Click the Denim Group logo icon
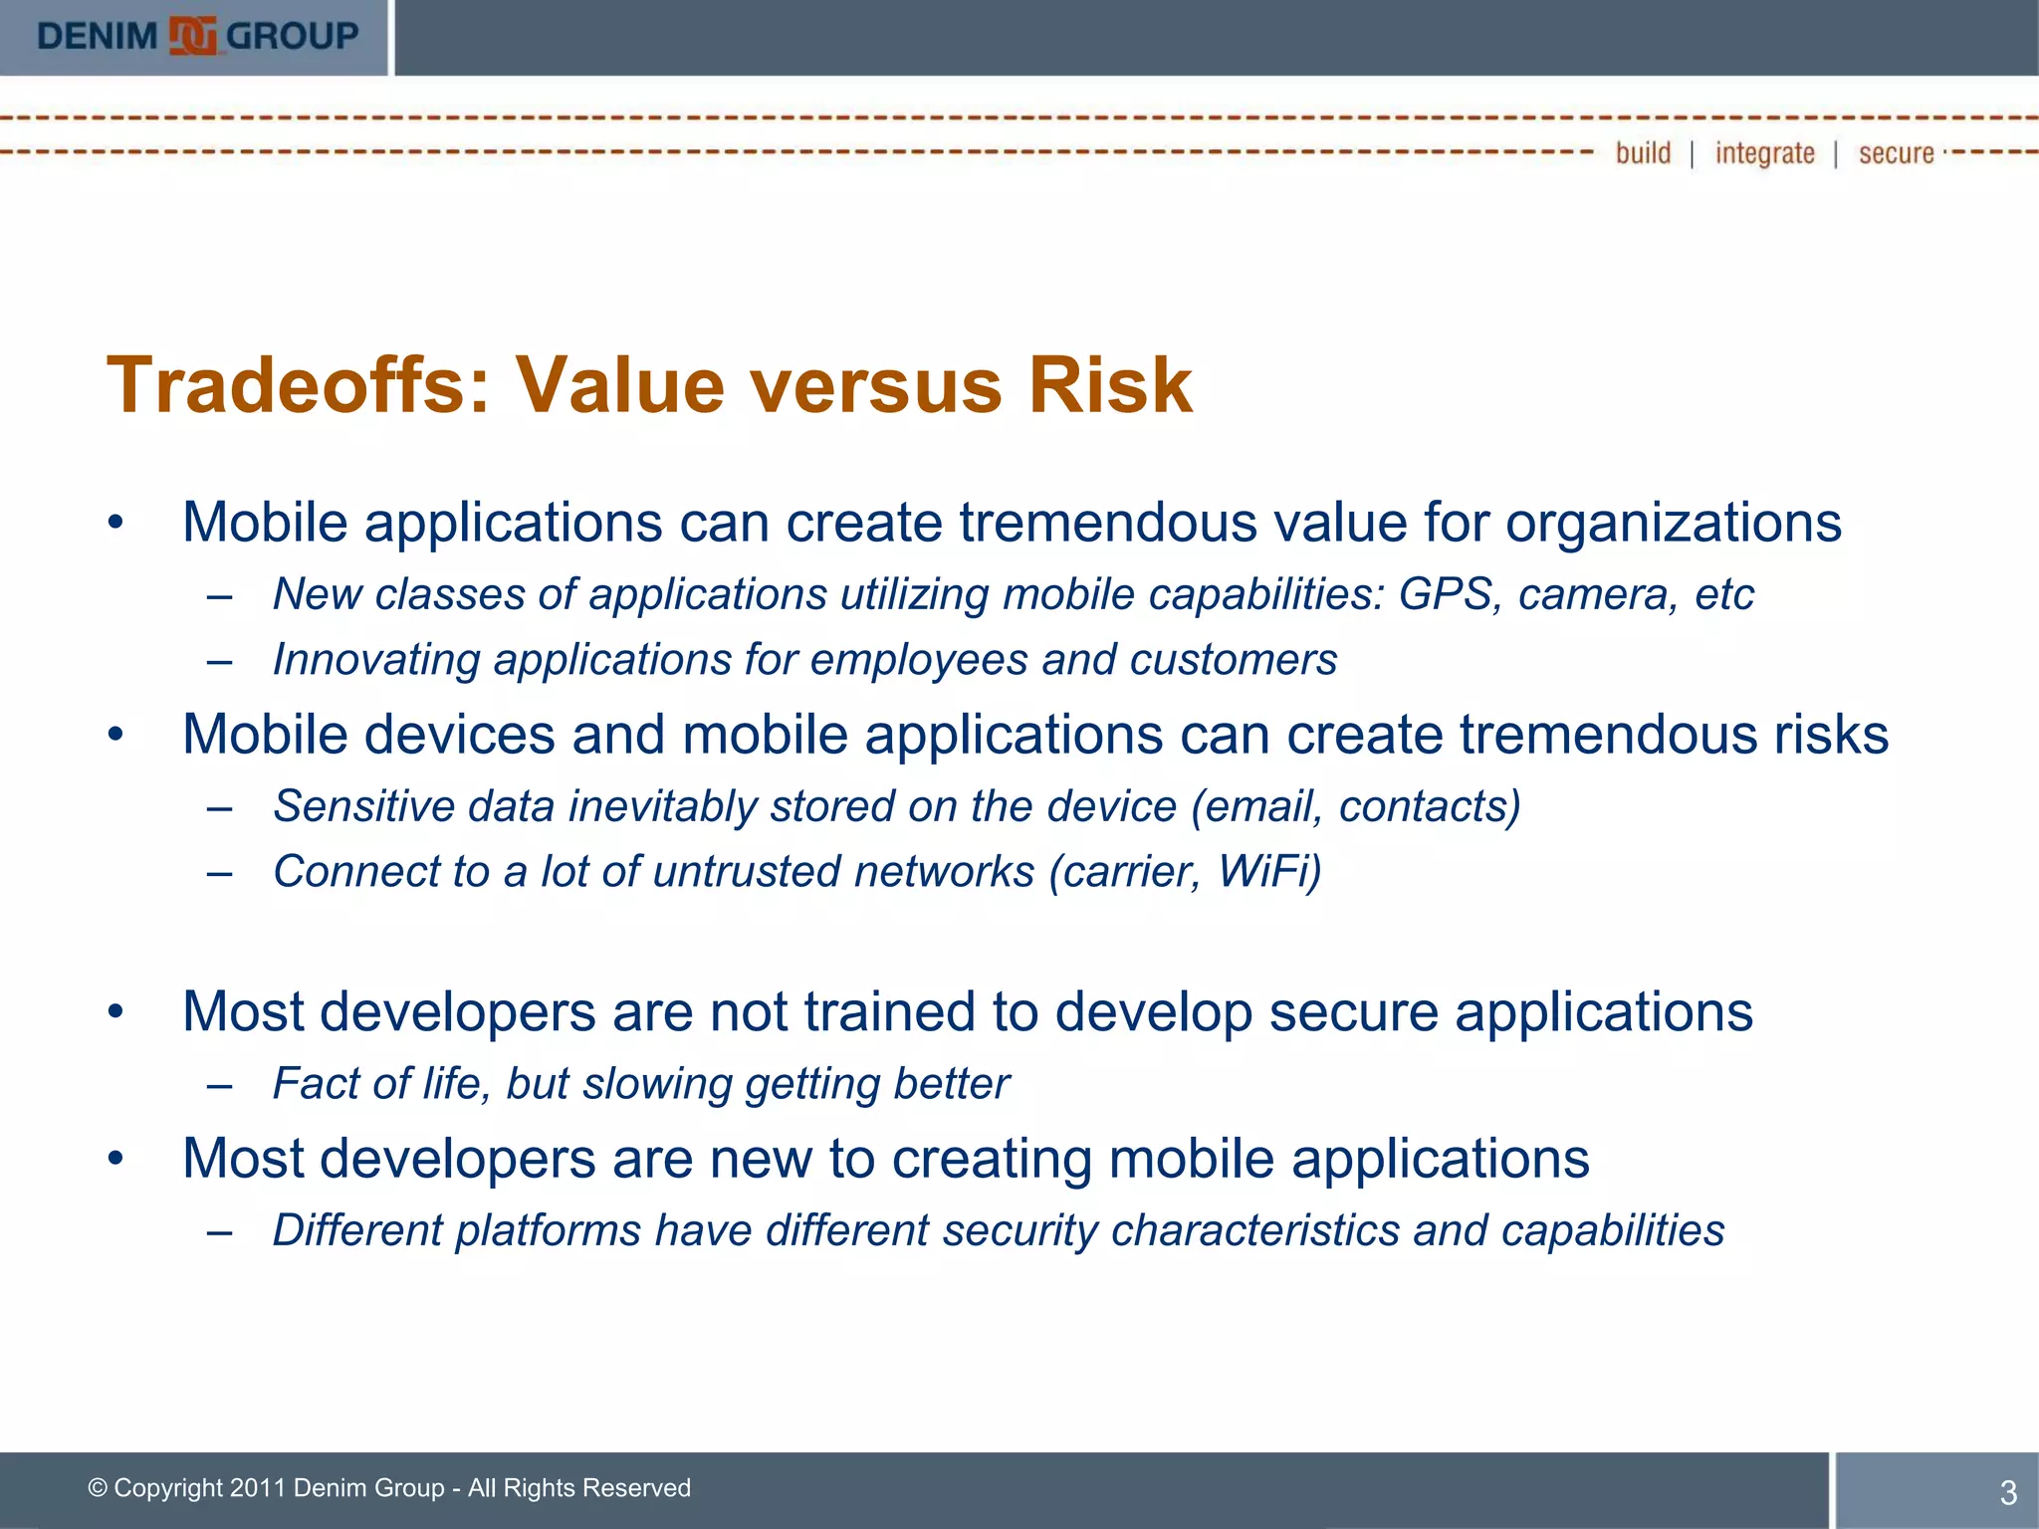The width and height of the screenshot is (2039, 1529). (192, 37)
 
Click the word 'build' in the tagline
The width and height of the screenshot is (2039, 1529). (1643, 153)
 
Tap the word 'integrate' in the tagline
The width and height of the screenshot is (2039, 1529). (1764, 153)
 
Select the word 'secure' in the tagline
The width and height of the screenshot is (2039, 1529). (1896, 153)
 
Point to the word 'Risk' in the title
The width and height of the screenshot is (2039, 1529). (1109, 386)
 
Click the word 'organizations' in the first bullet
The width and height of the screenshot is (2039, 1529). (1673, 524)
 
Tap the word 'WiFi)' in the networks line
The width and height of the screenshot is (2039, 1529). (1269, 873)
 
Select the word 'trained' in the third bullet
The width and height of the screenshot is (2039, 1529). (889, 1013)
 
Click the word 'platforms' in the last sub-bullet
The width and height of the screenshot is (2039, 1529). (548, 1231)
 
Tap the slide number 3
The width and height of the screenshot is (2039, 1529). (2007, 1492)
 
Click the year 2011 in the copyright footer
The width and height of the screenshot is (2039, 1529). (257, 1488)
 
